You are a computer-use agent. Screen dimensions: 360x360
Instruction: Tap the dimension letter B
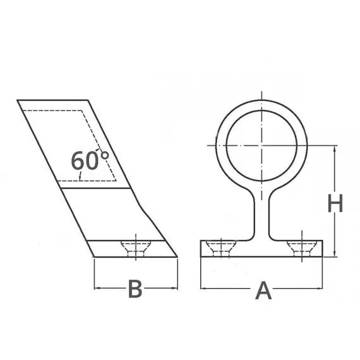[135, 289]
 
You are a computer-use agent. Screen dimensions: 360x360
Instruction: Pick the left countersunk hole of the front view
[222, 248]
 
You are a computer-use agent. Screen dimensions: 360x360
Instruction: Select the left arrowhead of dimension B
[97, 289]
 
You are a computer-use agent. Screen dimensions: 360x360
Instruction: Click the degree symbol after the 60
[104, 153]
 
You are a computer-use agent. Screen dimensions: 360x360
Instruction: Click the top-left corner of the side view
[17, 100]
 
